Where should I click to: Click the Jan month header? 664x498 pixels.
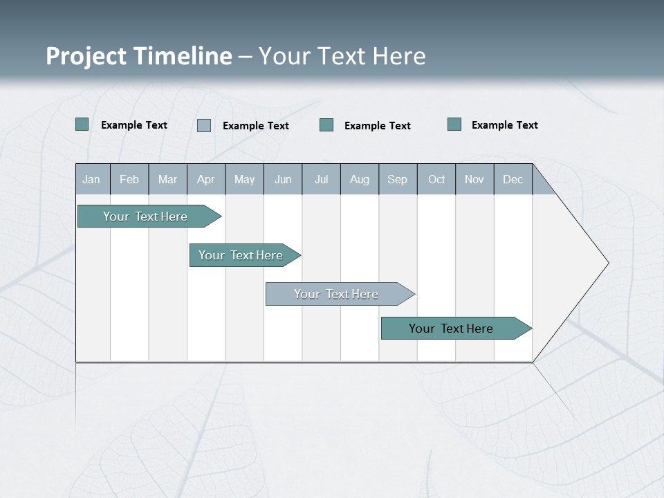click(92, 179)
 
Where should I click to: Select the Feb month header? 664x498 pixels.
click(129, 179)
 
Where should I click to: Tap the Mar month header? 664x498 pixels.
click(167, 179)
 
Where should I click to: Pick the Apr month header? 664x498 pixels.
click(206, 179)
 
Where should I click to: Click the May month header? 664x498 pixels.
click(244, 179)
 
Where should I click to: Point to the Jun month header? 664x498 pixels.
click(283, 179)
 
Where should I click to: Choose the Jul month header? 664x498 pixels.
click(321, 179)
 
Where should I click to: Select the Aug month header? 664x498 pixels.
click(360, 179)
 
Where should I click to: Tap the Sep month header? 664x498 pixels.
click(398, 179)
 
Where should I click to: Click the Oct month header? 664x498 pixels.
click(436, 179)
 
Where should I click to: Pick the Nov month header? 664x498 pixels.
click(474, 179)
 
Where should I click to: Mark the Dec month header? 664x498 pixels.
click(513, 179)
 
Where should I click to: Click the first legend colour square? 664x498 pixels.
click(82, 124)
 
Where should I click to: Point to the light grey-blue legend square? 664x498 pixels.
click(204, 125)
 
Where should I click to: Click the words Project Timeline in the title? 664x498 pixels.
click(139, 56)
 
